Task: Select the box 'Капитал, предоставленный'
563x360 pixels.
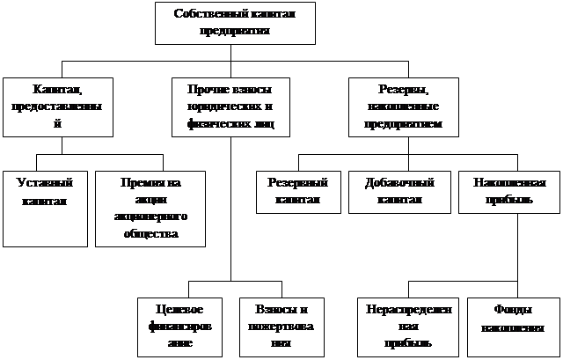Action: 58,106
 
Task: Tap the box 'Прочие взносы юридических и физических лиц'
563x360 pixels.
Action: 230,106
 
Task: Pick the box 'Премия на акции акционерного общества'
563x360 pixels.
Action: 149,208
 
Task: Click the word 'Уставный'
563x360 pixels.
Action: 44,183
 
